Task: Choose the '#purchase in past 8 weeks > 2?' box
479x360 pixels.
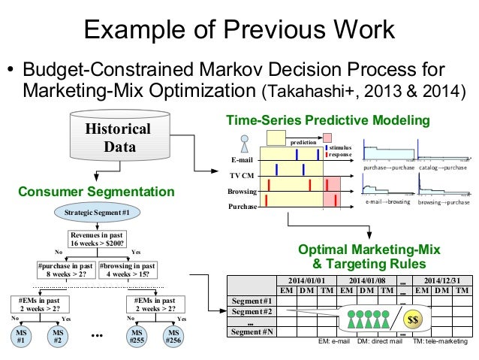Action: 64,270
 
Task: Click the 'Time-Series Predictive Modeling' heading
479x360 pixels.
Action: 328,120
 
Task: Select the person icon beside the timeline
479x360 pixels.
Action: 244,143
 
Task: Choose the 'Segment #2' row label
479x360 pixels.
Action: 250,311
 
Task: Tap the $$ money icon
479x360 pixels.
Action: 413,319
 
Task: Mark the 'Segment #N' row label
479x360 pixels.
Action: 250,331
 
